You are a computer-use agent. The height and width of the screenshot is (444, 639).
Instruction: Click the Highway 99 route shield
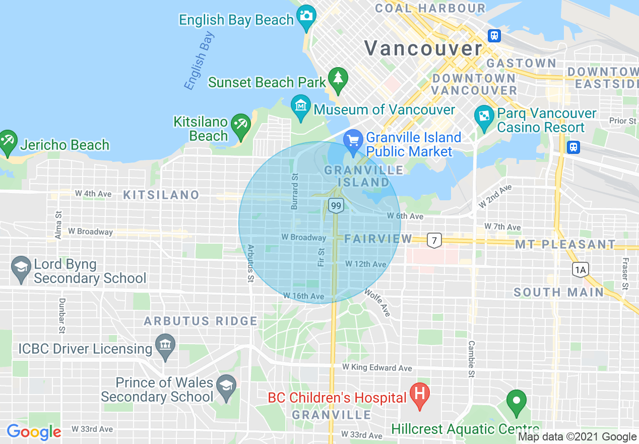[336, 205]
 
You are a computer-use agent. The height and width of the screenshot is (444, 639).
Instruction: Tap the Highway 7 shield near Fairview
[434, 240]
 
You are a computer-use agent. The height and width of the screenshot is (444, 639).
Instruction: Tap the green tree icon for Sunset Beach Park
[338, 78]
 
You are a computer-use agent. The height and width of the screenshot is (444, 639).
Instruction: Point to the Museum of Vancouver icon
[301, 106]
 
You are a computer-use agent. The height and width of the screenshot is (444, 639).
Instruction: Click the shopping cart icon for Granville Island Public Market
[353, 140]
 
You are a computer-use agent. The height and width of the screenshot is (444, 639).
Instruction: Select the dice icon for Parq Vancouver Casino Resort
[484, 116]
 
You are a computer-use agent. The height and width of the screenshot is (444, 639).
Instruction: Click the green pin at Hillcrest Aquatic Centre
[516, 402]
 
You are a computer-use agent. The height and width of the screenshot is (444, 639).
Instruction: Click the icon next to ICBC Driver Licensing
[165, 346]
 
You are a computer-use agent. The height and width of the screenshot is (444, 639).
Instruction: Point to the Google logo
[34, 432]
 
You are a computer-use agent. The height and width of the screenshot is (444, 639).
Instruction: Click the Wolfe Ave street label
[377, 302]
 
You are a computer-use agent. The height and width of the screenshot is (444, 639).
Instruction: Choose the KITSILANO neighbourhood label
[161, 195]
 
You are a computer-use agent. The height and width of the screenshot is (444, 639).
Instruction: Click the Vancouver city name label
[423, 48]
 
